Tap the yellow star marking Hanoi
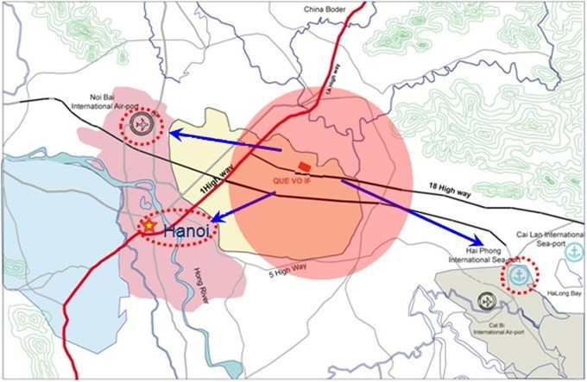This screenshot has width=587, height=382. click(x=148, y=226)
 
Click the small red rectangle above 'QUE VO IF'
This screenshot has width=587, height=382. click(x=303, y=166)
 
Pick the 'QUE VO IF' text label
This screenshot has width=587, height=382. click(x=289, y=182)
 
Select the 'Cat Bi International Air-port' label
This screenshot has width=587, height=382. click(x=489, y=331)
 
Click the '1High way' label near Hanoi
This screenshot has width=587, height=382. click(x=217, y=180)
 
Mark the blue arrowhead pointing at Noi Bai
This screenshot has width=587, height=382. click(x=174, y=133)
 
